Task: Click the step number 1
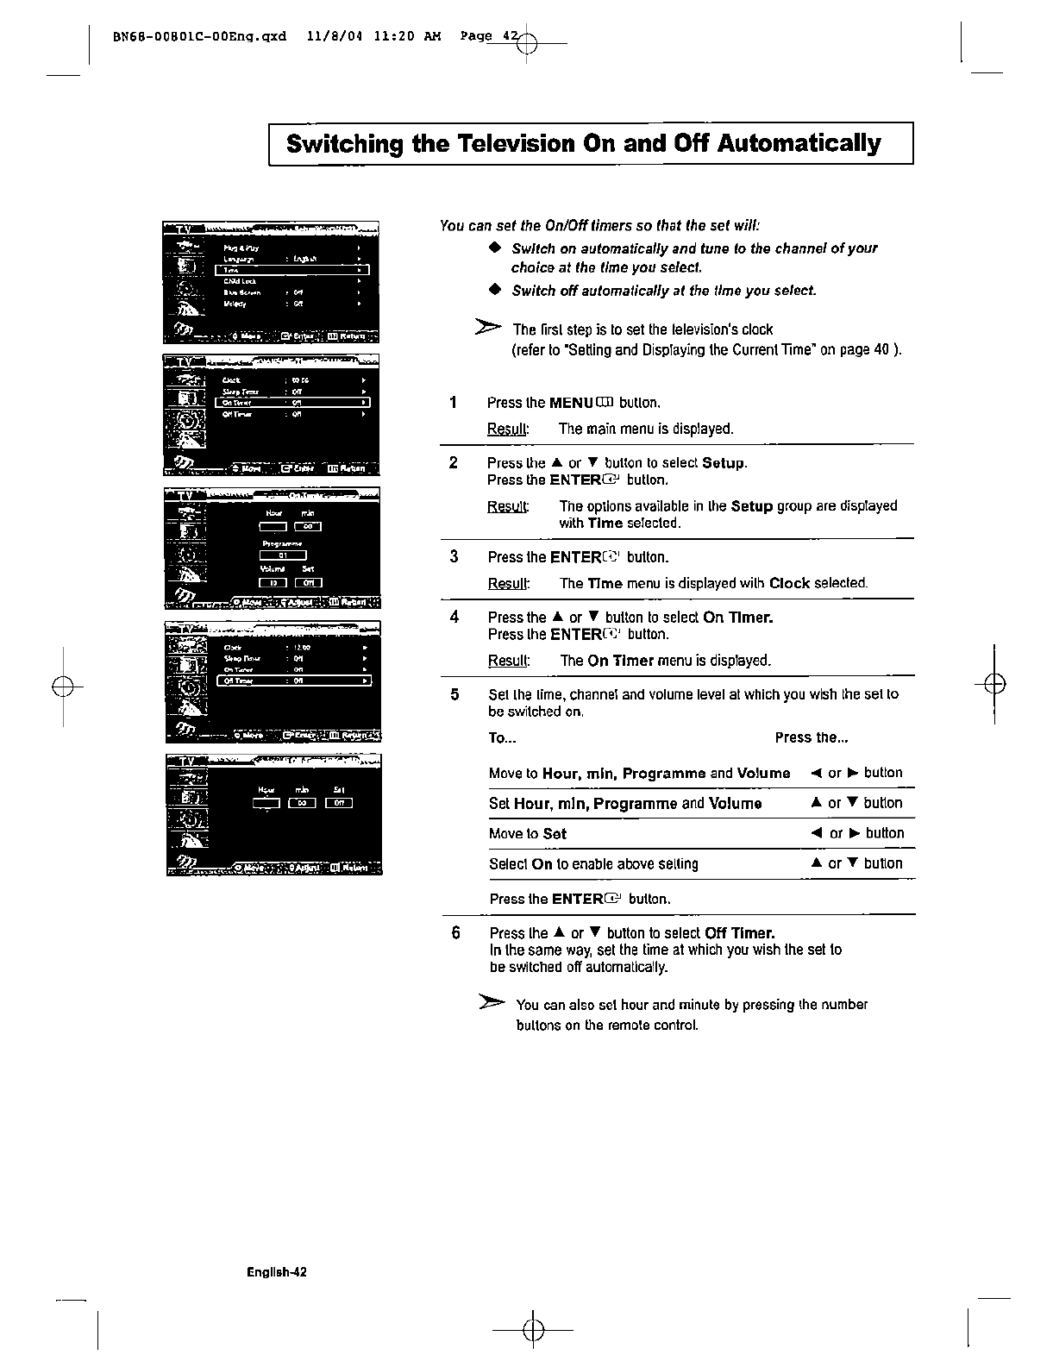[x=453, y=402]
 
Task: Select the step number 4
[x=454, y=617]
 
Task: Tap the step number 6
[x=456, y=933]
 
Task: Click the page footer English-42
[x=276, y=1271]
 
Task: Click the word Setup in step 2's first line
[x=723, y=463]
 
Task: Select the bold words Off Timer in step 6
[x=739, y=933]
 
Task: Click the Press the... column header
[x=811, y=737]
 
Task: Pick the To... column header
[x=502, y=737]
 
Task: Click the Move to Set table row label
[x=527, y=833]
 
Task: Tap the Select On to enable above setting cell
[x=593, y=863]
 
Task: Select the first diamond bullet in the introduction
[x=494, y=248]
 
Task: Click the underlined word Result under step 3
[x=508, y=583]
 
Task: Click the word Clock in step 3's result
[x=788, y=583]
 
